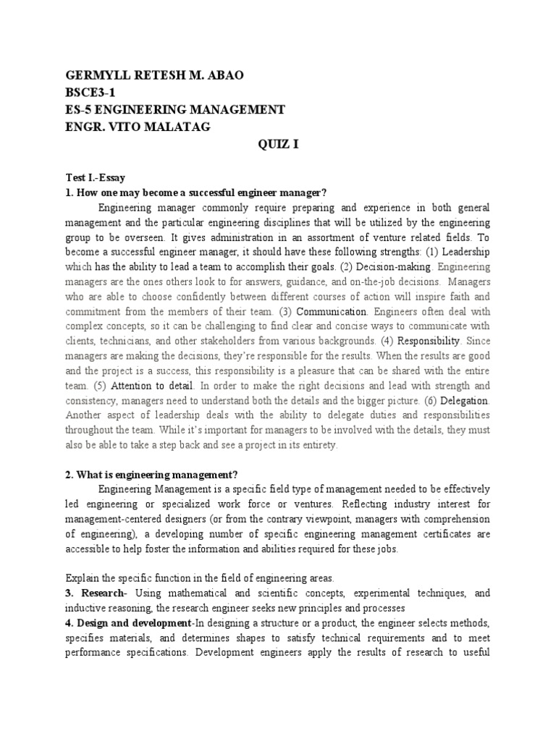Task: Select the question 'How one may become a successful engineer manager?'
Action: tap(196, 192)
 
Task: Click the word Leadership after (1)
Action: tap(466, 252)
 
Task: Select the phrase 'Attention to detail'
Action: tap(148, 386)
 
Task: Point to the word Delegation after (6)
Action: tap(464, 400)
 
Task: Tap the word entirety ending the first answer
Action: tap(315, 446)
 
